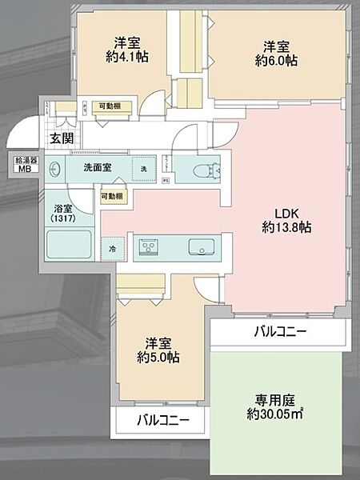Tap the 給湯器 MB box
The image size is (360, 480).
pos(22,165)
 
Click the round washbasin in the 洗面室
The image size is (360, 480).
pos(55,170)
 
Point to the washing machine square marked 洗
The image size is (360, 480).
pos(143,169)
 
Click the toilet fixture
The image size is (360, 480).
pos(197,170)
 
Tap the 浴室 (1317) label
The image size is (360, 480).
pos(60,211)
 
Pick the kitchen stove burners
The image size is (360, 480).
pos(149,248)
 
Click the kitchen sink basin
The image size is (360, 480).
pos(199,247)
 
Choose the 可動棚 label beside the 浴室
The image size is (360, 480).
pos(112,196)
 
